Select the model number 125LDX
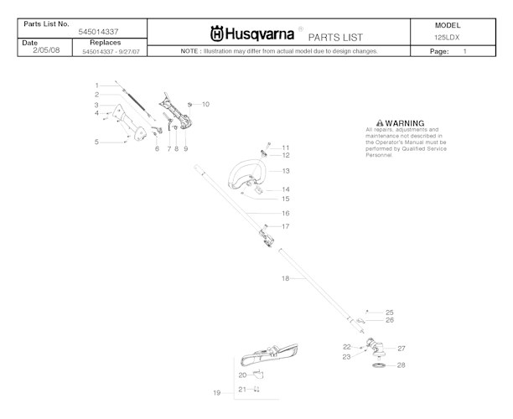[x=448, y=38]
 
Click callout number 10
[x=205, y=104]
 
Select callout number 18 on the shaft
[x=285, y=277]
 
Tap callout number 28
[x=401, y=365]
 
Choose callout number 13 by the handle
[x=285, y=171]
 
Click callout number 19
[x=216, y=392]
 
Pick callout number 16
[x=285, y=213]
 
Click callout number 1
[x=96, y=85]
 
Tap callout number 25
[x=389, y=312]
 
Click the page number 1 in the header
[x=464, y=51]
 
